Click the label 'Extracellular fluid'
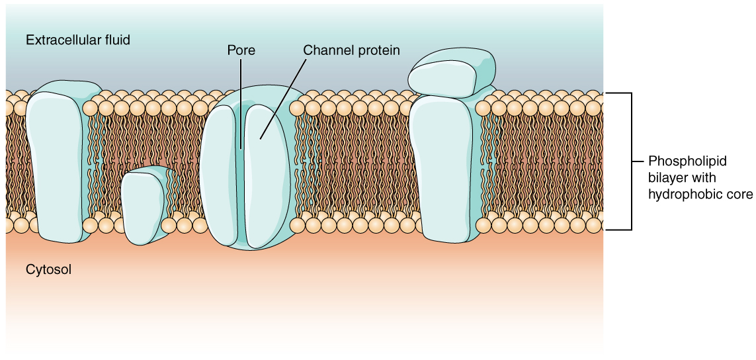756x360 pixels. [78, 40]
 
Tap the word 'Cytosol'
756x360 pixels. [48, 270]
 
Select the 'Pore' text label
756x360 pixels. [241, 50]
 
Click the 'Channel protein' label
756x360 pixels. [351, 50]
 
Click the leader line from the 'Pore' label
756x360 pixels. [241, 99]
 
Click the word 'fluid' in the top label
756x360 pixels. [117, 40]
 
